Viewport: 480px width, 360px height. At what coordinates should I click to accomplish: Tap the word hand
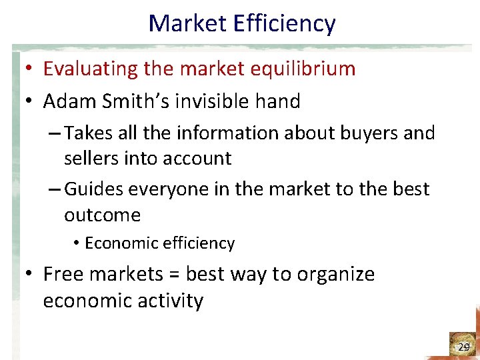(x=277, y=101)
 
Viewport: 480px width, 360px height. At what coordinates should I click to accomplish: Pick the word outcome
(x=102, y=215)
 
